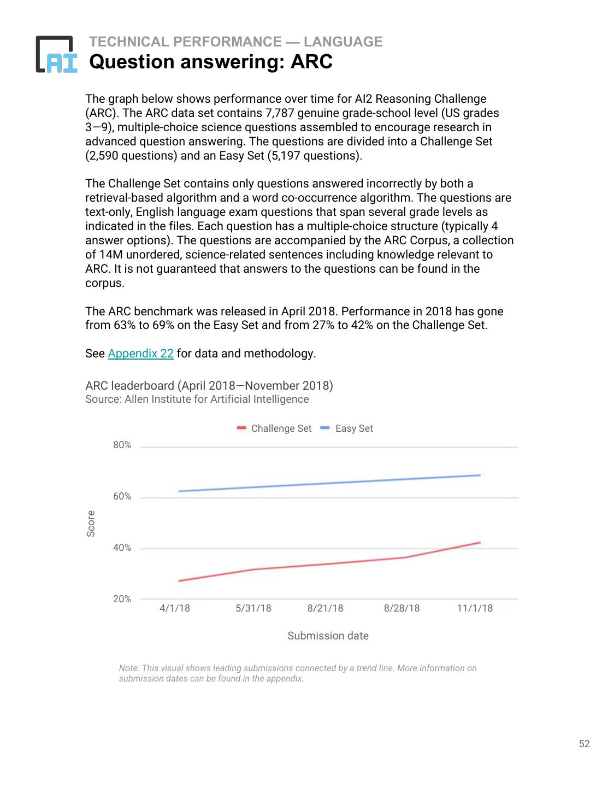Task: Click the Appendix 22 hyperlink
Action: pos(140,354)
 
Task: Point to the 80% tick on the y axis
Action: pos(122,445)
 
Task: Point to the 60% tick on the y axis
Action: pos(122,497)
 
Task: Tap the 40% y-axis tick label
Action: pos(122,548)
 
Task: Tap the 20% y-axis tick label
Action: pos(122,599)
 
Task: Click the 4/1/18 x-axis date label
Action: pos(175,608)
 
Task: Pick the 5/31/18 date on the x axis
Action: pos(253,608)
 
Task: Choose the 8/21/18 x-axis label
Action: pos(326,608)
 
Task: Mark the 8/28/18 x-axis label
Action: pos(402,608)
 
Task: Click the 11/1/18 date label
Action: pos(475,608)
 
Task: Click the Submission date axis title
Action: pos(328,636)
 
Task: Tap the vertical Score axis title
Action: pos(91,524)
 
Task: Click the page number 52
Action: pos(585,744)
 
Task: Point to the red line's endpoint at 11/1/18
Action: pos(480,542)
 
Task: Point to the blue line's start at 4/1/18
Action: pos(179,491)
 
